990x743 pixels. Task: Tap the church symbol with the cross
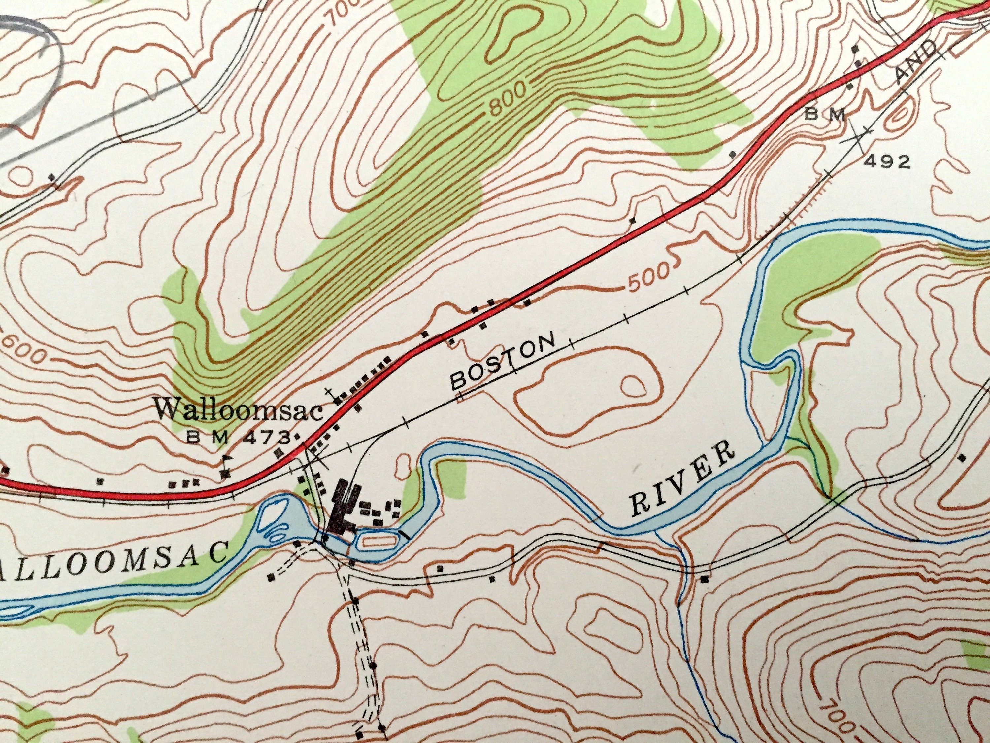point(332,394)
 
